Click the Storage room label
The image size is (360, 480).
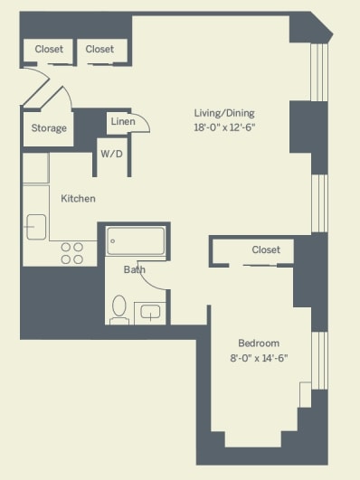point(49,128)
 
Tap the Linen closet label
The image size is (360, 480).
point(123,121)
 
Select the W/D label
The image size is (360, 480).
point(112,154)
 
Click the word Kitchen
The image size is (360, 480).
point(78,198)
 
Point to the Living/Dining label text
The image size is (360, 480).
point(224,113)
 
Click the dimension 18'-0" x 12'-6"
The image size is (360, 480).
point(224,127)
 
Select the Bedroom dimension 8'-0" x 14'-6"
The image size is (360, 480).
point(259,358)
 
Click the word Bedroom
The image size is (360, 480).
point(259,344)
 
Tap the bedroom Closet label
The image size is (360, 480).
point(266,249)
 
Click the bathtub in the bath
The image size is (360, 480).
point(136,240)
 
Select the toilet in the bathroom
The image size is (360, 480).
point(119,310)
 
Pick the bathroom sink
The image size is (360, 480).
point(150,313)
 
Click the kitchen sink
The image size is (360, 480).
point(36,227)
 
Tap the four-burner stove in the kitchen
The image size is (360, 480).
point(72,253)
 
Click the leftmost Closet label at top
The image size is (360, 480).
point(49,49)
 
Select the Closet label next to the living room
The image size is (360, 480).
point(99,49)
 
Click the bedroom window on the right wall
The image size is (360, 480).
point(319,361)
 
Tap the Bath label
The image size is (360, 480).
point(135,269)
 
